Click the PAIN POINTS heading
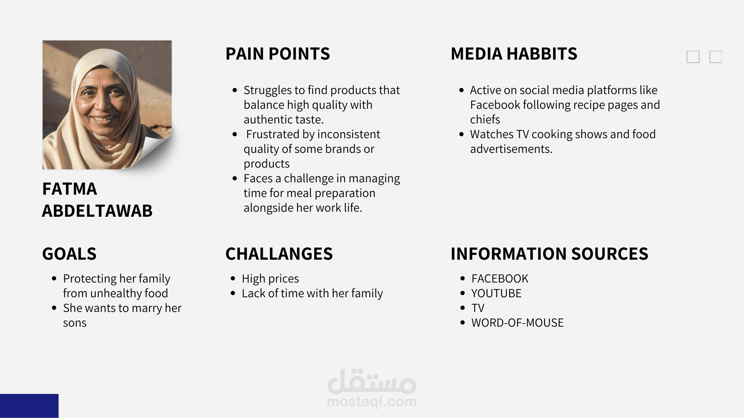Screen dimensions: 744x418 click(277, 54)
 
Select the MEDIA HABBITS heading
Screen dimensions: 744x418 click(514, 54)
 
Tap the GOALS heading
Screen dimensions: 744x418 click(69, 254)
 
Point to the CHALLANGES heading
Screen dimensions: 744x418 click(279, 254)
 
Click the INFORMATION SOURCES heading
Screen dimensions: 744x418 click(549, 254)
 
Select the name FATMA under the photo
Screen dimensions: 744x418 click(70, 189)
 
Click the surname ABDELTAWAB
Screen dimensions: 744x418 click(97, 211)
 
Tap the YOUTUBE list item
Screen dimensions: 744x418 click(496, 293)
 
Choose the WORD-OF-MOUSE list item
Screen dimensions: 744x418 click(517, 323)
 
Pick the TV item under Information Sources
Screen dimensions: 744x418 click(478, 308)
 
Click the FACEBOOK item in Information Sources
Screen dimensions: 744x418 click(500, 279)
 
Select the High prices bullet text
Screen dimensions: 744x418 click(270, 279)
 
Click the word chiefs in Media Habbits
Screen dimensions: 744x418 click(485, 120)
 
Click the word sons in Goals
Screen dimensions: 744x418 click(75, 323)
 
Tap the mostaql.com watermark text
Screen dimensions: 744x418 click(372, 402)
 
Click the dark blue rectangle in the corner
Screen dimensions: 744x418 click(29, 406)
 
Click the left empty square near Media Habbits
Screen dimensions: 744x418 click(693, 57)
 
